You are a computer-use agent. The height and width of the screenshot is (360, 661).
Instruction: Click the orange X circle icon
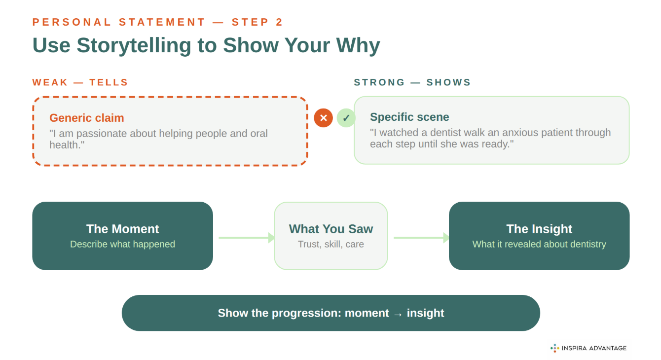(x=324, y=118)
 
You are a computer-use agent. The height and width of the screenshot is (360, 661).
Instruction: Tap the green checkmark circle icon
(x=346, y=118)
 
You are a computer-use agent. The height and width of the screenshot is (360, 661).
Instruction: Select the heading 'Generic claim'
(x=87, y=118)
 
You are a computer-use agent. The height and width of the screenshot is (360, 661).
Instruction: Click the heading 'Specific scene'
(x=409, y=117)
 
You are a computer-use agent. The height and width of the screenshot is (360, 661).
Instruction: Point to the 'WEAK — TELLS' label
(x=80, y=82)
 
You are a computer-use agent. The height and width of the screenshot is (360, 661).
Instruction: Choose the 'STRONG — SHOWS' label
(x=412, y=82)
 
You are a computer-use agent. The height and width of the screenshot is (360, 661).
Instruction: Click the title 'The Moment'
(x=122, y=229)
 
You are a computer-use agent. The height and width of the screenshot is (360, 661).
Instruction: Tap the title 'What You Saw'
(x=330, y=229)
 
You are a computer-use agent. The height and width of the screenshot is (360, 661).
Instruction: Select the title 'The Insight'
(x=539, y=229)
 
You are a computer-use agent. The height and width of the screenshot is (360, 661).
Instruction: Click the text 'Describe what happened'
(x=122, y=244)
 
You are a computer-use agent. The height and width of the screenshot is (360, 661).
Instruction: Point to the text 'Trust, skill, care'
(x=330, y=244)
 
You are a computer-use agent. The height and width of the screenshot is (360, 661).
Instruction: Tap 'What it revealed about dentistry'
(x=539, y=244)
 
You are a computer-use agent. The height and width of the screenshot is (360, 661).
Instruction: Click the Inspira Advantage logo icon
(x=554, y=348)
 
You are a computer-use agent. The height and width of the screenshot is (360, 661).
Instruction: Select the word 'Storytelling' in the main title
(x=134, y=45)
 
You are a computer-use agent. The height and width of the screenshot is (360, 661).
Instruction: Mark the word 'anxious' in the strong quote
(x=519, y=133)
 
